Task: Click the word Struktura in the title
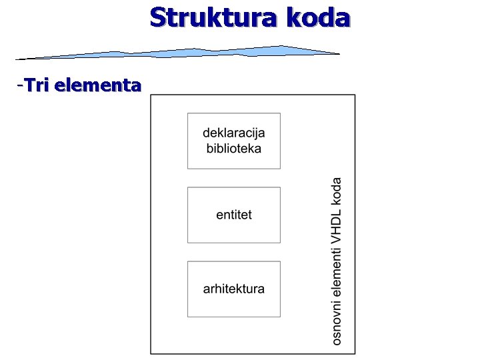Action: [x=214, y=17]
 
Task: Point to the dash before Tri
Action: [x=21, y=85]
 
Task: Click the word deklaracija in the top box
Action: [x=233, y=133]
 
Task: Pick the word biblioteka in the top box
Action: [x=233, y=148]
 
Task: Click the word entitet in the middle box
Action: [x=234, y=215]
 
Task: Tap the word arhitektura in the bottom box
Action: [x=234, y=289]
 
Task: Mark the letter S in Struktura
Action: [x=157, y=17]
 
